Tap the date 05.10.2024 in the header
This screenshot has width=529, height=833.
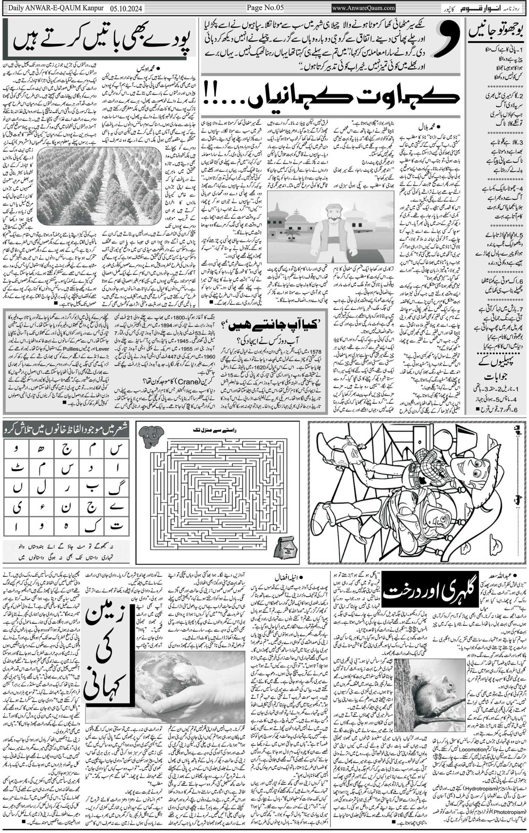(x=124, y=8)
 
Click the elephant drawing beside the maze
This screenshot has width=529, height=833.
(x=151, y=437)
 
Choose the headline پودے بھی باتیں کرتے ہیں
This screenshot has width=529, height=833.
(x=101, y=40)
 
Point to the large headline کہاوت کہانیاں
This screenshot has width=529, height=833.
(x=353, y=97)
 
